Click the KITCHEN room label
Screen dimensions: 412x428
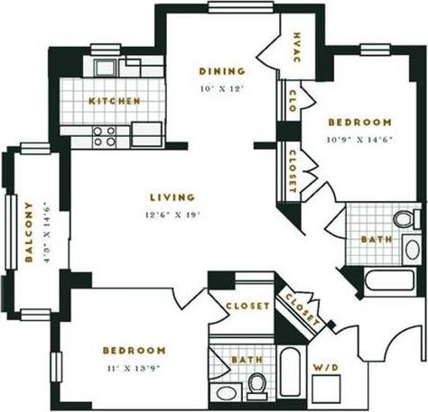click(114, 101)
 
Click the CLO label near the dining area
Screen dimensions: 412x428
click(293, 96)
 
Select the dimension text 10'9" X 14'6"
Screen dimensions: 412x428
click(360, 138)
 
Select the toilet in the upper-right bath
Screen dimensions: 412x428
click(404, 218)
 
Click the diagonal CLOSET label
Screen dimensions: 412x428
click(302, 308)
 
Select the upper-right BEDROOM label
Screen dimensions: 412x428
click(359, 123)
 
